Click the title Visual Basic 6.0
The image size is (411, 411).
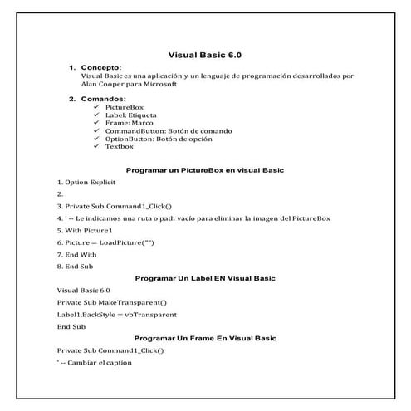click(x=204, y=55)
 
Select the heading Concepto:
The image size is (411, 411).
click(x=102, y=67)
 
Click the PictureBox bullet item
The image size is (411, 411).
click(x=124, y=108)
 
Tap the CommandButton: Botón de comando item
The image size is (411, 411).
click(x=169, y=130)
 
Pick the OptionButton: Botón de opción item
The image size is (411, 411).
click(x=164, y=139)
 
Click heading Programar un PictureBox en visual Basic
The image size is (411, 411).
click(x=204, y=169)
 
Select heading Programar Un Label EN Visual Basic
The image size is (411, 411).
click(x=204, y=278)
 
